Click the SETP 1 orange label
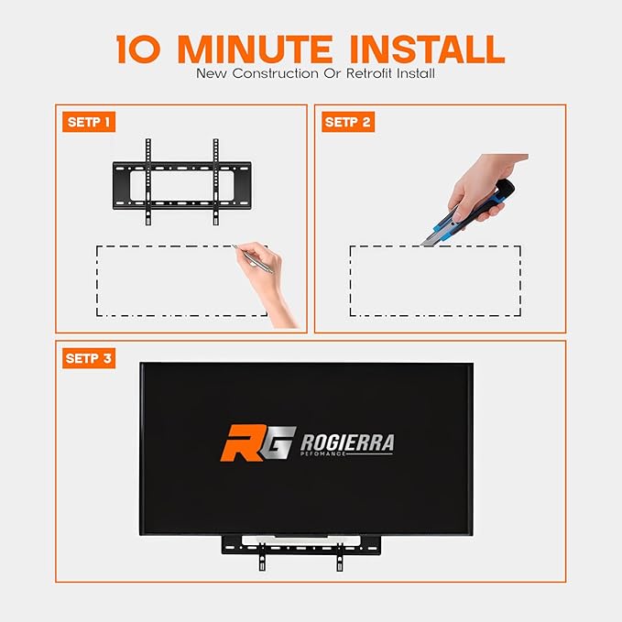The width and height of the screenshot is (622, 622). (x=89, y=122)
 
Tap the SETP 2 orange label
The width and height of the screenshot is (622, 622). (x=348, y=122)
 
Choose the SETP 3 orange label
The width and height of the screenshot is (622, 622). (x=89, y=358)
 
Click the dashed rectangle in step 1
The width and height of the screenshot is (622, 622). (x=181, y=279)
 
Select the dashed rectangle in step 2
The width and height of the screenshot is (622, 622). (x=435, y=280)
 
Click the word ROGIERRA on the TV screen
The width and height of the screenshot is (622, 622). (x=348, y=443)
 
